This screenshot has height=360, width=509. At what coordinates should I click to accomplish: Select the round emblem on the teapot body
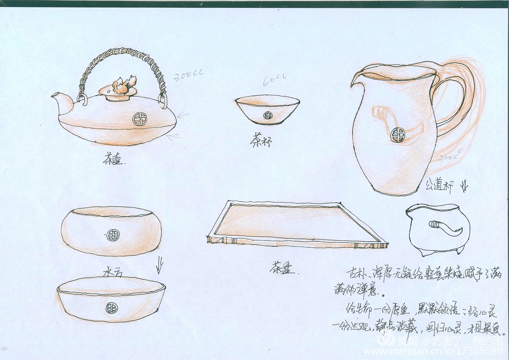(x=139, y=118)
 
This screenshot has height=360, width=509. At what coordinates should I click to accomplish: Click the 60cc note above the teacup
(x=274, y=80)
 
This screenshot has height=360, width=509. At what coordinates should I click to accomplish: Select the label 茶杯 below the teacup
(x=261, y=140)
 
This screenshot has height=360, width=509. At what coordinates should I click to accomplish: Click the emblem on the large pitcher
(x=397, y=135)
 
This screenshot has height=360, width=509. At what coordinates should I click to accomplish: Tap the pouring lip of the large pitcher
(x=356, y=79)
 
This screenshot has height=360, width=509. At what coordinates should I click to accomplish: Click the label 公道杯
(x=439, y=185)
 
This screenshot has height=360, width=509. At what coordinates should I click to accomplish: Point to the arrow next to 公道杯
(x=464, y=186)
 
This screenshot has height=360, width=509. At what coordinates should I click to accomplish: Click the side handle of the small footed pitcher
(x=445, y=228)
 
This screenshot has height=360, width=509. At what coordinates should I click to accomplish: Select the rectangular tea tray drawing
(x=296, y=225)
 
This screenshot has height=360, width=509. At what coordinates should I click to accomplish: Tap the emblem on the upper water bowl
(x=113, y=235)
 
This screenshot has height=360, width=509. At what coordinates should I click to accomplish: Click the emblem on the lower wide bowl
(x=111, y=308)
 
